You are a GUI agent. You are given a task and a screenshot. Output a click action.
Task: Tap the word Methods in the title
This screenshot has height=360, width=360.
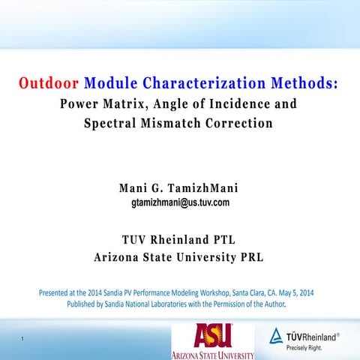298,82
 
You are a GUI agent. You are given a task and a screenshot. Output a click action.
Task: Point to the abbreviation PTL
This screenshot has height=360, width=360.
223,240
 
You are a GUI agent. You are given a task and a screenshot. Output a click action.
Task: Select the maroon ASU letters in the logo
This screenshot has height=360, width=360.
213,335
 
